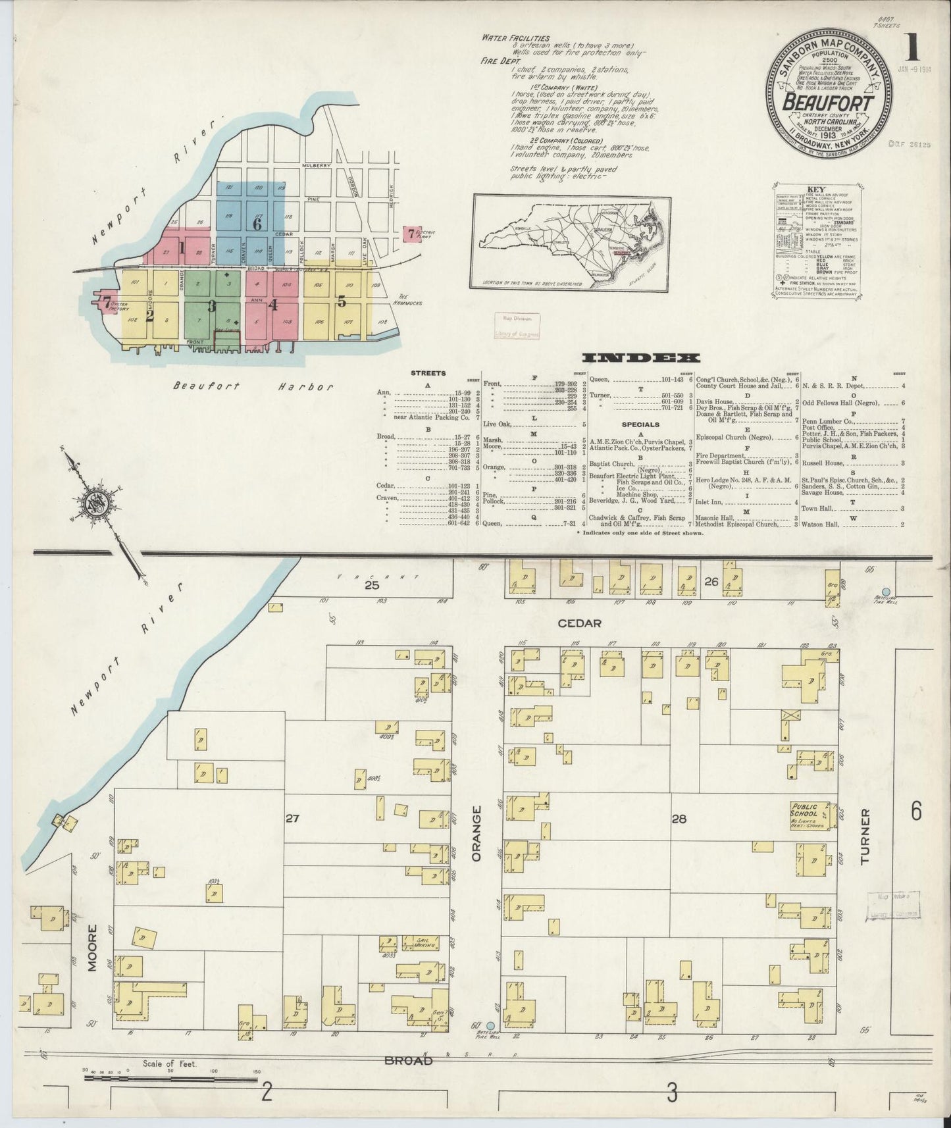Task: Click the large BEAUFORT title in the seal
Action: [827, 105]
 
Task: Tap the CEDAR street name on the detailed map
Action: [578, 623]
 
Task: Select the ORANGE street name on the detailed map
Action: [477, 833]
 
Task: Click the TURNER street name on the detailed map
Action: [865, 836]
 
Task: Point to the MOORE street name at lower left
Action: [93, 948]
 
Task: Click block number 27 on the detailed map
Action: [293, 819]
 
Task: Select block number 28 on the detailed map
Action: [679, 819]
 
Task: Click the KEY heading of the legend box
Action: [815, 188]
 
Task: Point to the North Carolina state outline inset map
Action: [571, 242]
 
